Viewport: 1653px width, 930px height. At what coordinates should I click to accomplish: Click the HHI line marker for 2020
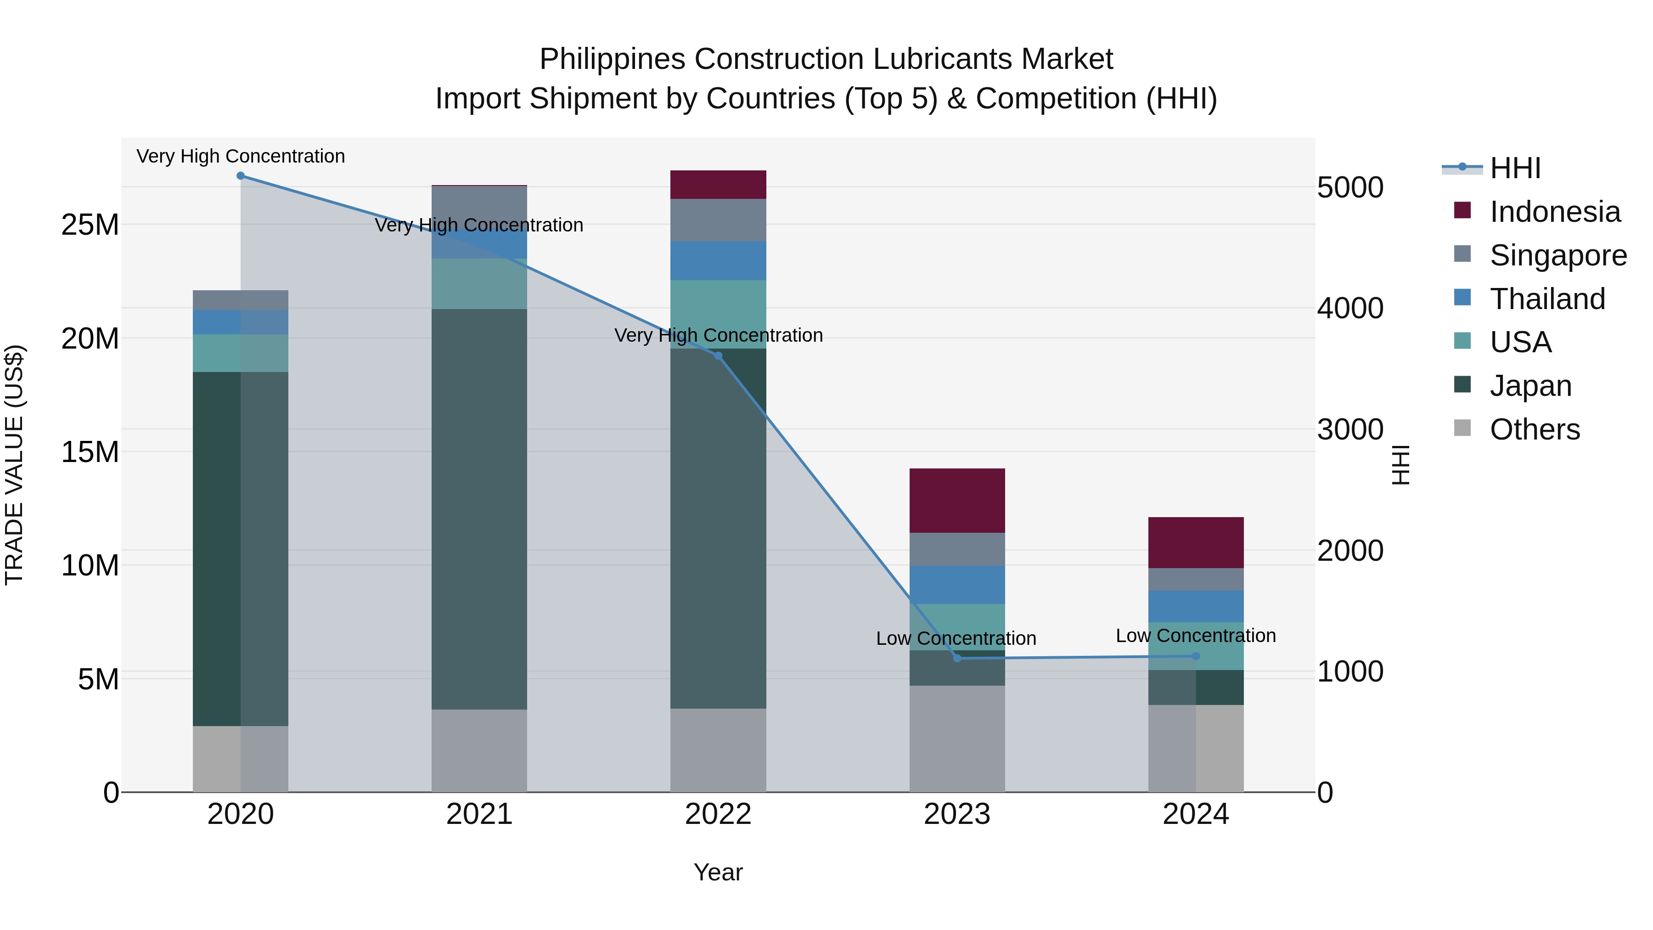(x=241, y=176)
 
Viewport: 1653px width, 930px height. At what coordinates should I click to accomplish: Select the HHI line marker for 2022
(x=718, y=356)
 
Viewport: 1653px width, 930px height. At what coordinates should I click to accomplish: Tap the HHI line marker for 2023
(x=957, y=659)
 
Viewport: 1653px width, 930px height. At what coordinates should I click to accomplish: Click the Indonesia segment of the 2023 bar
(x=957, y=501)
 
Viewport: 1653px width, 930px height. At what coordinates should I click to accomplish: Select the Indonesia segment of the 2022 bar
(x=718, y=185)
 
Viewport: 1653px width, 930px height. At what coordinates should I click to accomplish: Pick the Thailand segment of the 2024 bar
(x=1196, y=607)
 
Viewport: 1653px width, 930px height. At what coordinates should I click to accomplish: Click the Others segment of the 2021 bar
(x=479, y=751)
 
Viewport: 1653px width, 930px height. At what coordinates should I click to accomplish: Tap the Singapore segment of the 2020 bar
(x=241, y=300)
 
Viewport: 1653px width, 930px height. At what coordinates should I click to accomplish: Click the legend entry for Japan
(x=1530, y=386)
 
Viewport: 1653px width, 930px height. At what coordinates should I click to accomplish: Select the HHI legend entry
(x=1514, y=168)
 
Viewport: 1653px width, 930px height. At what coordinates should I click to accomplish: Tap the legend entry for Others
(x=1534, y=429)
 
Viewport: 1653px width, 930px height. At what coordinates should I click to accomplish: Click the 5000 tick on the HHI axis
(x=1350, y=187)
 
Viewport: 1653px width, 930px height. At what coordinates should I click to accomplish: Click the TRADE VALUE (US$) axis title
(x=14, y=465)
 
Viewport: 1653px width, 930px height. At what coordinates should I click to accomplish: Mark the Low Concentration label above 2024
(x=1196, y=636)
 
